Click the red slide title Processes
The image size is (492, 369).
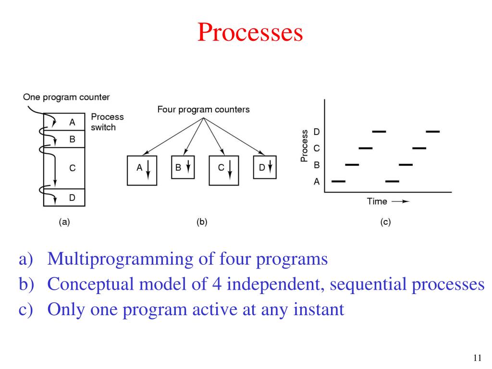(x=250, y=33)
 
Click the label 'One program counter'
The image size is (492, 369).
(x=66, y=98)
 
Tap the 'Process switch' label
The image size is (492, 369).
(x=107, y=122)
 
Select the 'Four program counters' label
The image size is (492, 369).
(x=203, y=110)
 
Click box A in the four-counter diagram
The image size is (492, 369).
(x=143, y=170)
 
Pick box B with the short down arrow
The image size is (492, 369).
(x=183, y=168)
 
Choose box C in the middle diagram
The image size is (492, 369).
(x=225, y=170)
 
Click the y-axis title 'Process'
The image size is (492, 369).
(x=304, y=146)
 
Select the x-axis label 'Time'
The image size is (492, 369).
(x=377, y=201)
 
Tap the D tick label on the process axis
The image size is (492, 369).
(x=316, y=131)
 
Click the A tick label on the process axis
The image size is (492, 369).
(x=316, y=182)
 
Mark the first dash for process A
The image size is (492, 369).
(x=339, y=182)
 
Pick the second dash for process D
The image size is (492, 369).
(x=432, y=131)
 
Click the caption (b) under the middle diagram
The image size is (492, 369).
(x=202, y=222)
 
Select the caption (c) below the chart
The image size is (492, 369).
(x=385, y=222)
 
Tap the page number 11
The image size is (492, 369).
(x=477, y=357)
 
